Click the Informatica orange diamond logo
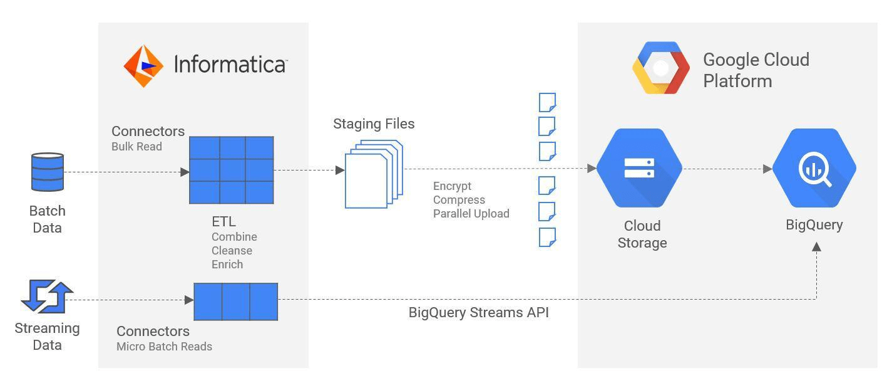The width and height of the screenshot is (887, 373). click(x=143, y=66)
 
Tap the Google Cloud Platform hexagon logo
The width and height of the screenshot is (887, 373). click(x=661, y=68)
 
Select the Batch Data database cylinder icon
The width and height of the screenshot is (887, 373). click(x=48, y=172)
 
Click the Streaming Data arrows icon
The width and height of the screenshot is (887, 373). click(x=47, y=296)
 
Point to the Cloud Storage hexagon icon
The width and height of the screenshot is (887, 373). click(x=639, y=168)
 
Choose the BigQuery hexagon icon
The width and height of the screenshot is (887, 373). click(x=814, y=168)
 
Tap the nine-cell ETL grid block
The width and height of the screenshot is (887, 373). click(x=232, y=170)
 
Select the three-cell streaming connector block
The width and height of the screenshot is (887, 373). click(x=236, y=302)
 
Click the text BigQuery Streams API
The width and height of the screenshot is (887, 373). click(x=478, y=312)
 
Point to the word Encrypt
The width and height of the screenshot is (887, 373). click(x=452, y=186)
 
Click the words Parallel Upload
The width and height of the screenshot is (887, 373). click(x=471, y=214)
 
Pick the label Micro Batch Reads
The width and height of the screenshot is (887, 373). click(x=164, y=347)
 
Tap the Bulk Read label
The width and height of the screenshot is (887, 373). click(x=136, y=147)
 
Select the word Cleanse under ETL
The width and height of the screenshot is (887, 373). click(x=232, y=251)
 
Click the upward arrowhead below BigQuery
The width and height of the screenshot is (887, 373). click(x=816, y=247)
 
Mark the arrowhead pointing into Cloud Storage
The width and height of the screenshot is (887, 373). click(x=592, y=168)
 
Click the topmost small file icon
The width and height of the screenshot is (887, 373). click(x=547, y=102)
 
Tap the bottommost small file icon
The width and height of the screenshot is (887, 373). click(x=547, y=238)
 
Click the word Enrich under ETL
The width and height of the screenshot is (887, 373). click(x=227, y=265)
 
